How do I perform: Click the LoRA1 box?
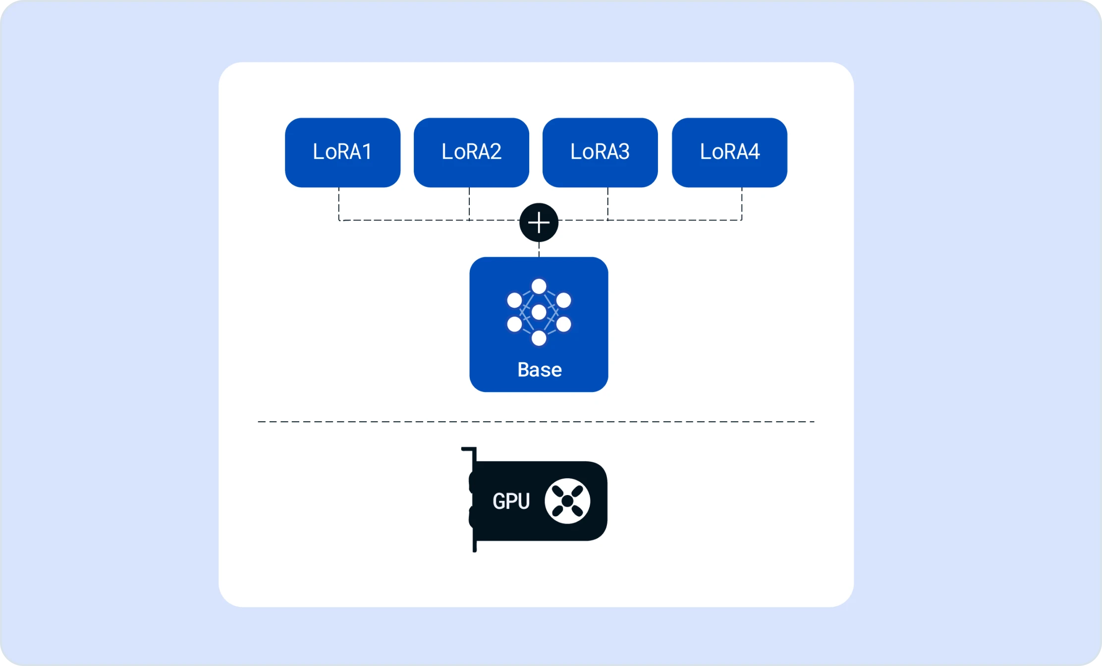342,152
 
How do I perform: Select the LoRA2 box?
471,152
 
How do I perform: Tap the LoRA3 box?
600,152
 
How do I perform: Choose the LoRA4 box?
729,152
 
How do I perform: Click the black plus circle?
539,222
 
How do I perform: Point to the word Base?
540,370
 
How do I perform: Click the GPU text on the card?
511,501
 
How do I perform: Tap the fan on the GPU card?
567,501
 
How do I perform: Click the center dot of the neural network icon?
539,312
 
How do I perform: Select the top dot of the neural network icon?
539,286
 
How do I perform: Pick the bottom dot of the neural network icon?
539,338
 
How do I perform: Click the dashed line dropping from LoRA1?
339,204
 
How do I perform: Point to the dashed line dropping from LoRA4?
742,204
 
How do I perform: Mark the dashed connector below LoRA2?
469,204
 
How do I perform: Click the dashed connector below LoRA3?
608,204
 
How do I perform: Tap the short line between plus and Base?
539,249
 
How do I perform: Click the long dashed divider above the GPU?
536,422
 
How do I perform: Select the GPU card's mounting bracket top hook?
469,449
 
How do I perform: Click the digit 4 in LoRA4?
754,152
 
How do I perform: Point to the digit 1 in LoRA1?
367,152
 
